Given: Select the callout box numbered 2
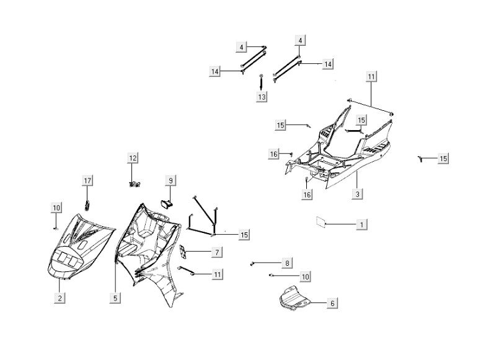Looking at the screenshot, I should pyautogui.click(x=60, y=298).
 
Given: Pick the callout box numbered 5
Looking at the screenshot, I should pyautogui.click(x=115, y=298).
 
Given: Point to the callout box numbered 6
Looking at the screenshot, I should pyautogui.click(x=332, y=303).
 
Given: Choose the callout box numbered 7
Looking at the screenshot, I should pyautogui.click(x=216, y=252).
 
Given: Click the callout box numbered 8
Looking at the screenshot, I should pyautogui.click(x=287, y=263).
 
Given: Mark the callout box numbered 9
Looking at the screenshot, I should pyautogui.click(x=170, y=180).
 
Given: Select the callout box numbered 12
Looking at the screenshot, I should pyautogui.click(x=132, y=159).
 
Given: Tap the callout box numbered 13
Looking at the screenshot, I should pyautogui.click(x=262, y=97).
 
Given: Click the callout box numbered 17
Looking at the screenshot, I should pyautogui.click(x=87, y=180).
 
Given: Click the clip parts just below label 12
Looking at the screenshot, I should pyautogui.click(x=133, y=183).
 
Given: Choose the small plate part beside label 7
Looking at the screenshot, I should pyautogui.click(x=183, y=252).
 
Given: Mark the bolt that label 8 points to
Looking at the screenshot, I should pyautogui.click(x=253, y=265).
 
